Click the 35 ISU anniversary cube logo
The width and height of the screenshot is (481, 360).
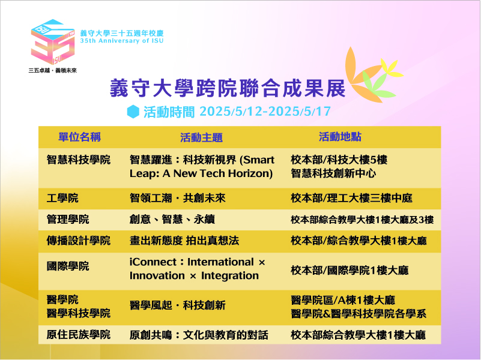pyautogui.click(x=53, y=42)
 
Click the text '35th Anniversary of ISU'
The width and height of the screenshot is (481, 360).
pyautogui.click(x=122, y=41)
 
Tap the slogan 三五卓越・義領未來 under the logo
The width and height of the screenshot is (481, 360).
pyautogui.click(x=52, y=70)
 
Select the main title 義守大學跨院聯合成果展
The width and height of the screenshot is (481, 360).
pyautogui.click(x=228, y=88)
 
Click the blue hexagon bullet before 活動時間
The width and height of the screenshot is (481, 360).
pyautogui.click(x=133, y=112)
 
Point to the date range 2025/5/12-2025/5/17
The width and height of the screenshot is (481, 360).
pyautogui.click(x=265, y=111)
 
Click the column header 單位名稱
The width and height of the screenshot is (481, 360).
pyautogui.click(x=80, y=137)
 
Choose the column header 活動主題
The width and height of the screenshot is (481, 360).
pyautogui.click(x=201, y=137)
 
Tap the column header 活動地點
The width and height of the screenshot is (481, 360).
pyautogui.click(x=340, y=137)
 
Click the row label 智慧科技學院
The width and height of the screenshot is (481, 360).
pyautogui.click(x=79, y=160)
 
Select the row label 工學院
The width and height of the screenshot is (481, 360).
pyautogui.click(x=62, y=198)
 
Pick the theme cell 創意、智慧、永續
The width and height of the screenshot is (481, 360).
pyautogui.click(x=172, y=220)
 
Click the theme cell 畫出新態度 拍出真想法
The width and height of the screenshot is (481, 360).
pyautogui.click(x=184, y=241)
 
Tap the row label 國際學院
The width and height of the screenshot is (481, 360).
pyautogui.click(x=68, y=266)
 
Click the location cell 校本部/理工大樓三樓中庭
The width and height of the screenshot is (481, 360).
pyautogui.click(x=351, y=198)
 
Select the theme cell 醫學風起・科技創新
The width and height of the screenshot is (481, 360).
pyautogui.click(x=178, y=305)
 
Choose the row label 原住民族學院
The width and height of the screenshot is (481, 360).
pyautogui.click(x=79, y=334)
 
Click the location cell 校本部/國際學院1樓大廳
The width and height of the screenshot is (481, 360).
pyautogui.click(x=349, y=271)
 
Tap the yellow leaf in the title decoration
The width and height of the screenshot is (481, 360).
pyautogui.click(x=392, y=68)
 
